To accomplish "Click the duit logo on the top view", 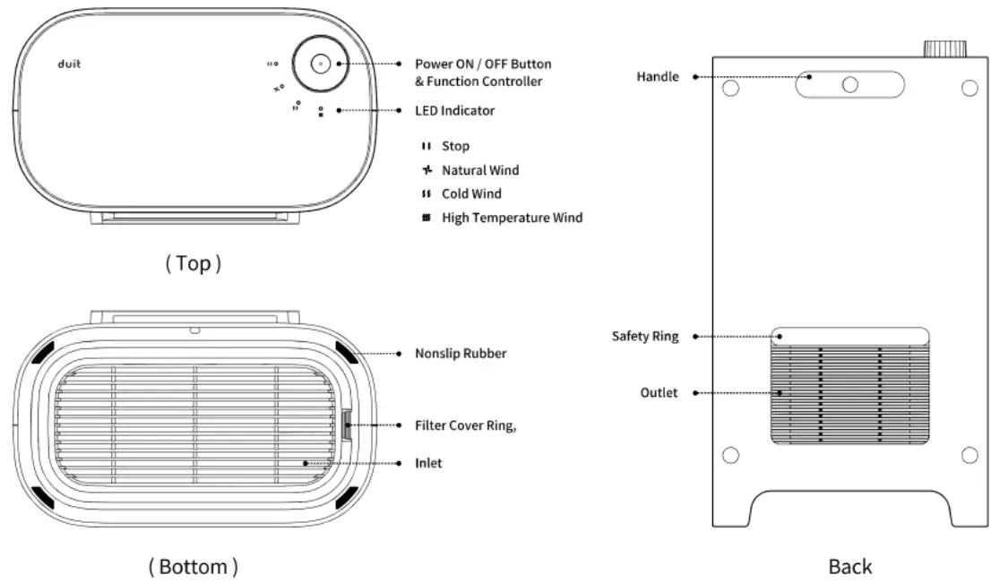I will tap(69, 64).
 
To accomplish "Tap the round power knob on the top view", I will tap(320, 64).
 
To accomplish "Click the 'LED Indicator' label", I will tap(454, 110).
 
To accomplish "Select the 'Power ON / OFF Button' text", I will tap(483, 64).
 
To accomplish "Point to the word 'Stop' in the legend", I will tap(455, 146).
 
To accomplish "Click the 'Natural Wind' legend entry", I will tap(479, 170).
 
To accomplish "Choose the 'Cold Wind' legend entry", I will tap(471, 193).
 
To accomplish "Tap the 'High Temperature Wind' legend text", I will tap(512, 218).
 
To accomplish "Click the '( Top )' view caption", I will tap(193, 262).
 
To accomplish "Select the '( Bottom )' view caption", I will tap(193, 566).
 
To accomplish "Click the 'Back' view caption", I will tap(849, 566).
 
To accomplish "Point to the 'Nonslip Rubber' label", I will tap(461, 353).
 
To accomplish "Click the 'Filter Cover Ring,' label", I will tap(465, 425).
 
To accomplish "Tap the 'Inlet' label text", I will tap(428, 463).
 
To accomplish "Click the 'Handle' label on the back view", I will tap(658, 77).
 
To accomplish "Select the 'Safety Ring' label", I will tap(645, 337).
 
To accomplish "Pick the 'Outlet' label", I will tap(659, 392).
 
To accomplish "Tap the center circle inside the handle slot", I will tap(850, 84).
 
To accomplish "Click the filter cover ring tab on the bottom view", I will tap(348, 425).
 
